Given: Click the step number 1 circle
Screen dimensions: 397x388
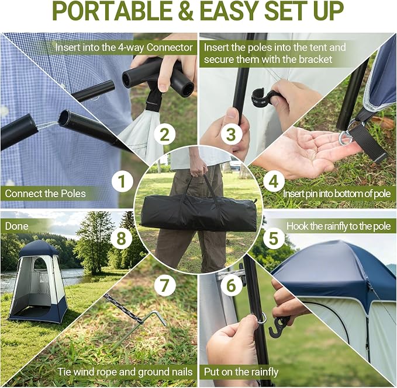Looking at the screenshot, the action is coord(122,181).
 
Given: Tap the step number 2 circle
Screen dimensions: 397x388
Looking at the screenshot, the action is coord(165,134).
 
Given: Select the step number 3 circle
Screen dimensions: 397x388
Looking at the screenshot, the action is coord(231,134).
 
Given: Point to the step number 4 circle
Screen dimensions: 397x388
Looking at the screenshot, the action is coord(274,181).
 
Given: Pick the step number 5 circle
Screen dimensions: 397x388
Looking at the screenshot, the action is coord(274,238).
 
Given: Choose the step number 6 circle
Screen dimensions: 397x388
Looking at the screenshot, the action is coord(231,285).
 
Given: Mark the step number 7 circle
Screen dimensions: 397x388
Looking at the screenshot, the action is coord(165,285).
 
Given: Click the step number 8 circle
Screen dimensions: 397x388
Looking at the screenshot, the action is coord(122,238).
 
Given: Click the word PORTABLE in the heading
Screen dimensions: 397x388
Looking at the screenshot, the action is coord(112,11).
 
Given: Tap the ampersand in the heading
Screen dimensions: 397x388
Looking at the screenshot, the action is coord(186,11).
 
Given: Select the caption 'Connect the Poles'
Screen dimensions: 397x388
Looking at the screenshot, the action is coord(46,194).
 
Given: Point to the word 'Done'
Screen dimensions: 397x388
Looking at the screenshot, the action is coord(17,226).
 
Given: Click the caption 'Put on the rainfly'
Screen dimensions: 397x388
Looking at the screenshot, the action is coord(241,372).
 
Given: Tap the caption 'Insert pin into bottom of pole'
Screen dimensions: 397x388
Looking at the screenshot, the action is coord(337,194).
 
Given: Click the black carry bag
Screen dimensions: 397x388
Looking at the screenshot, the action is coord(199,211).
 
